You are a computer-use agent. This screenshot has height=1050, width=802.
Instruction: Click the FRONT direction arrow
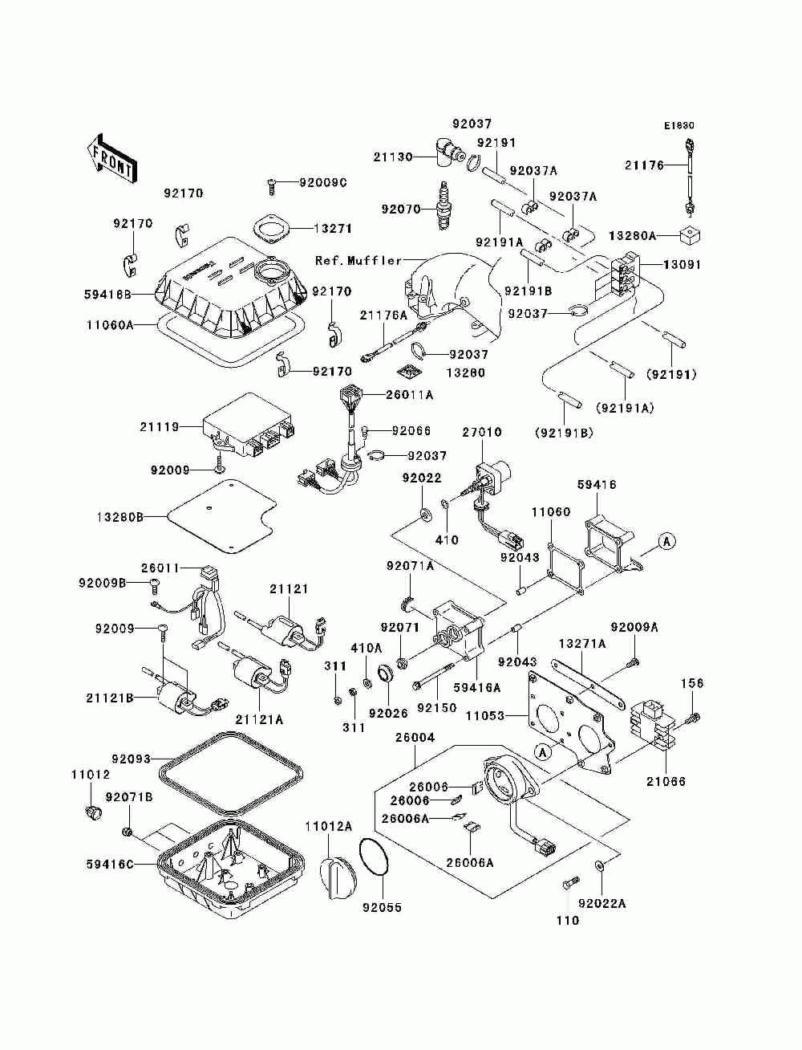(x=111, y=158)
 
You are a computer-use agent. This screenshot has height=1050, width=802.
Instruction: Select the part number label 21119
(x=159, y=427)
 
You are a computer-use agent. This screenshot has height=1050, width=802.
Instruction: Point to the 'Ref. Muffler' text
(x=358, y=261)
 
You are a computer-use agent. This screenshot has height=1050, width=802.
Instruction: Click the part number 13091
(x=682, y=265)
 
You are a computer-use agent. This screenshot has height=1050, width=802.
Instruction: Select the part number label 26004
(x=415, y=738)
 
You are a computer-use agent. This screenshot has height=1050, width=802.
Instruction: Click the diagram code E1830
(x=679, y=126)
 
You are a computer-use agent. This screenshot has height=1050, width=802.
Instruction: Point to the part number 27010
(x=482, y=432)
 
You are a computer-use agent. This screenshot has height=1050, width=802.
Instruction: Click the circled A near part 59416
(x=666, y=542)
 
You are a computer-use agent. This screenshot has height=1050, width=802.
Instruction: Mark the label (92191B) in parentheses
(x=564, y=433)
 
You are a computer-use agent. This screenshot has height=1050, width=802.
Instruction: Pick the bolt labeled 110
(x=569, y=881)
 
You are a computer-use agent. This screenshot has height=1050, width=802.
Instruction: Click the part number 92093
(x=132, y=759)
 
